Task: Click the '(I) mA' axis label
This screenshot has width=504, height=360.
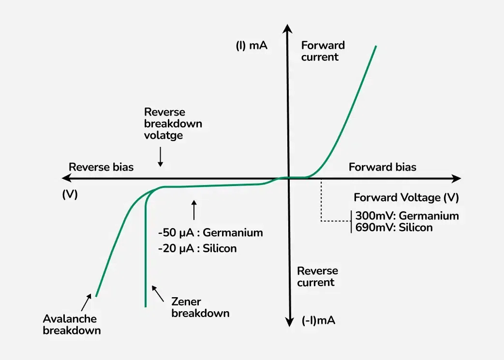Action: click(252, 46)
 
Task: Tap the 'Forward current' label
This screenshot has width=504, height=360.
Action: click(323, 51)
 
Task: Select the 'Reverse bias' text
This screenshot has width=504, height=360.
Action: click(101, 167)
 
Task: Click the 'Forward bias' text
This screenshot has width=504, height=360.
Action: click(382, 167)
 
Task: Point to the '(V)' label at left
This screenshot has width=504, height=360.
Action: click(70, 194)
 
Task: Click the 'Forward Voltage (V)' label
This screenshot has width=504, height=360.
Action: click(406, 198)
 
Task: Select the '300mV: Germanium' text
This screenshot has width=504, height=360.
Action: click(407, 216)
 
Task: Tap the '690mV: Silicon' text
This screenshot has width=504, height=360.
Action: click(394, 227)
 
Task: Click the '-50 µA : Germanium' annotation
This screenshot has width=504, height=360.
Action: click(210, 233)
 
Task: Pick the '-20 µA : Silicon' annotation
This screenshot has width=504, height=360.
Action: click(197, 249)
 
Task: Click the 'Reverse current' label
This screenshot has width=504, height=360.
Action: click(317, 276)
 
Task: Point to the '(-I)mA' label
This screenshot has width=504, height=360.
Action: click(318, 320)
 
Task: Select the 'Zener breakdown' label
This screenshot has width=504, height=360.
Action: click(200, 307)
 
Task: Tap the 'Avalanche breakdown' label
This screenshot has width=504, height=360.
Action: click(72, 325)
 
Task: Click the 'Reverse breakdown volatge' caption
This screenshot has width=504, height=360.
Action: click(173, 124)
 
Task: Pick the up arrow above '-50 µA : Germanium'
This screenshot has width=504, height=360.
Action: click(194, 209)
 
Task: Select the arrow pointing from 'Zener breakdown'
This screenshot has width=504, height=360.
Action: click(158, 292)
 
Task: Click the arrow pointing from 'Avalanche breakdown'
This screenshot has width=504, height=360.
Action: click(86, 302)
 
